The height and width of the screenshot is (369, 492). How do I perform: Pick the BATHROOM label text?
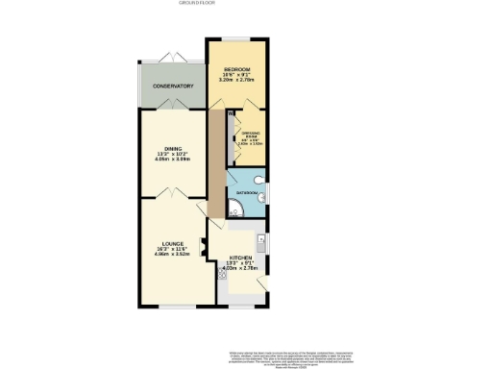coord(245,193)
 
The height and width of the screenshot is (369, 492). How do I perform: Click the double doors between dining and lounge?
coord(170,196)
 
